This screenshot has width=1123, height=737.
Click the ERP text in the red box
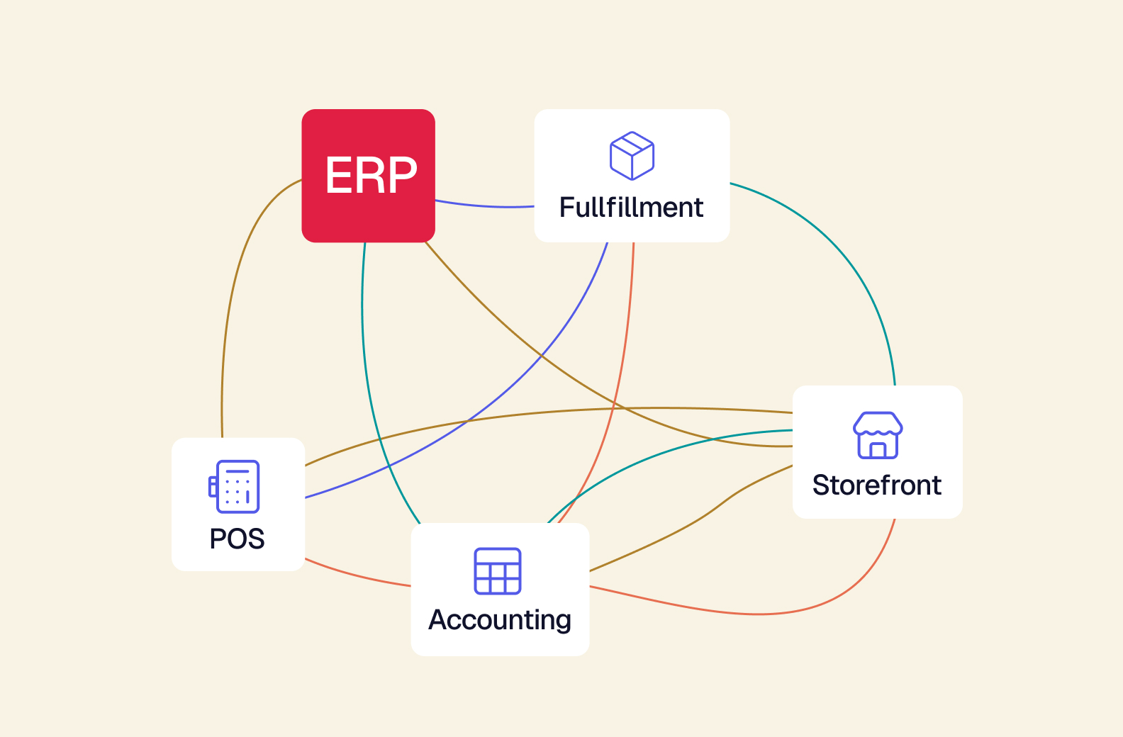[x=371, y=174]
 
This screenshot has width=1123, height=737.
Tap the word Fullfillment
[x=631, y=208]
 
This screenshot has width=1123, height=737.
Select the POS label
[x=237, y=539]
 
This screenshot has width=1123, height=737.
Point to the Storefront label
[x=877, y=485]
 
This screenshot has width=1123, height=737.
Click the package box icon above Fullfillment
[x=632, y=155]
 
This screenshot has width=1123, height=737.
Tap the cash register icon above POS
[x=234, y=486]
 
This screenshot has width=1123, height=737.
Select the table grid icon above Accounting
[x=497, y=571]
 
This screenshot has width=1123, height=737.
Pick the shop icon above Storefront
[x=878, y=435]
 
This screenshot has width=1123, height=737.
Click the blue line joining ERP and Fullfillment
[x=484, y=206]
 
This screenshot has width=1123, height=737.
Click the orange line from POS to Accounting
[x=356, y=575]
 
